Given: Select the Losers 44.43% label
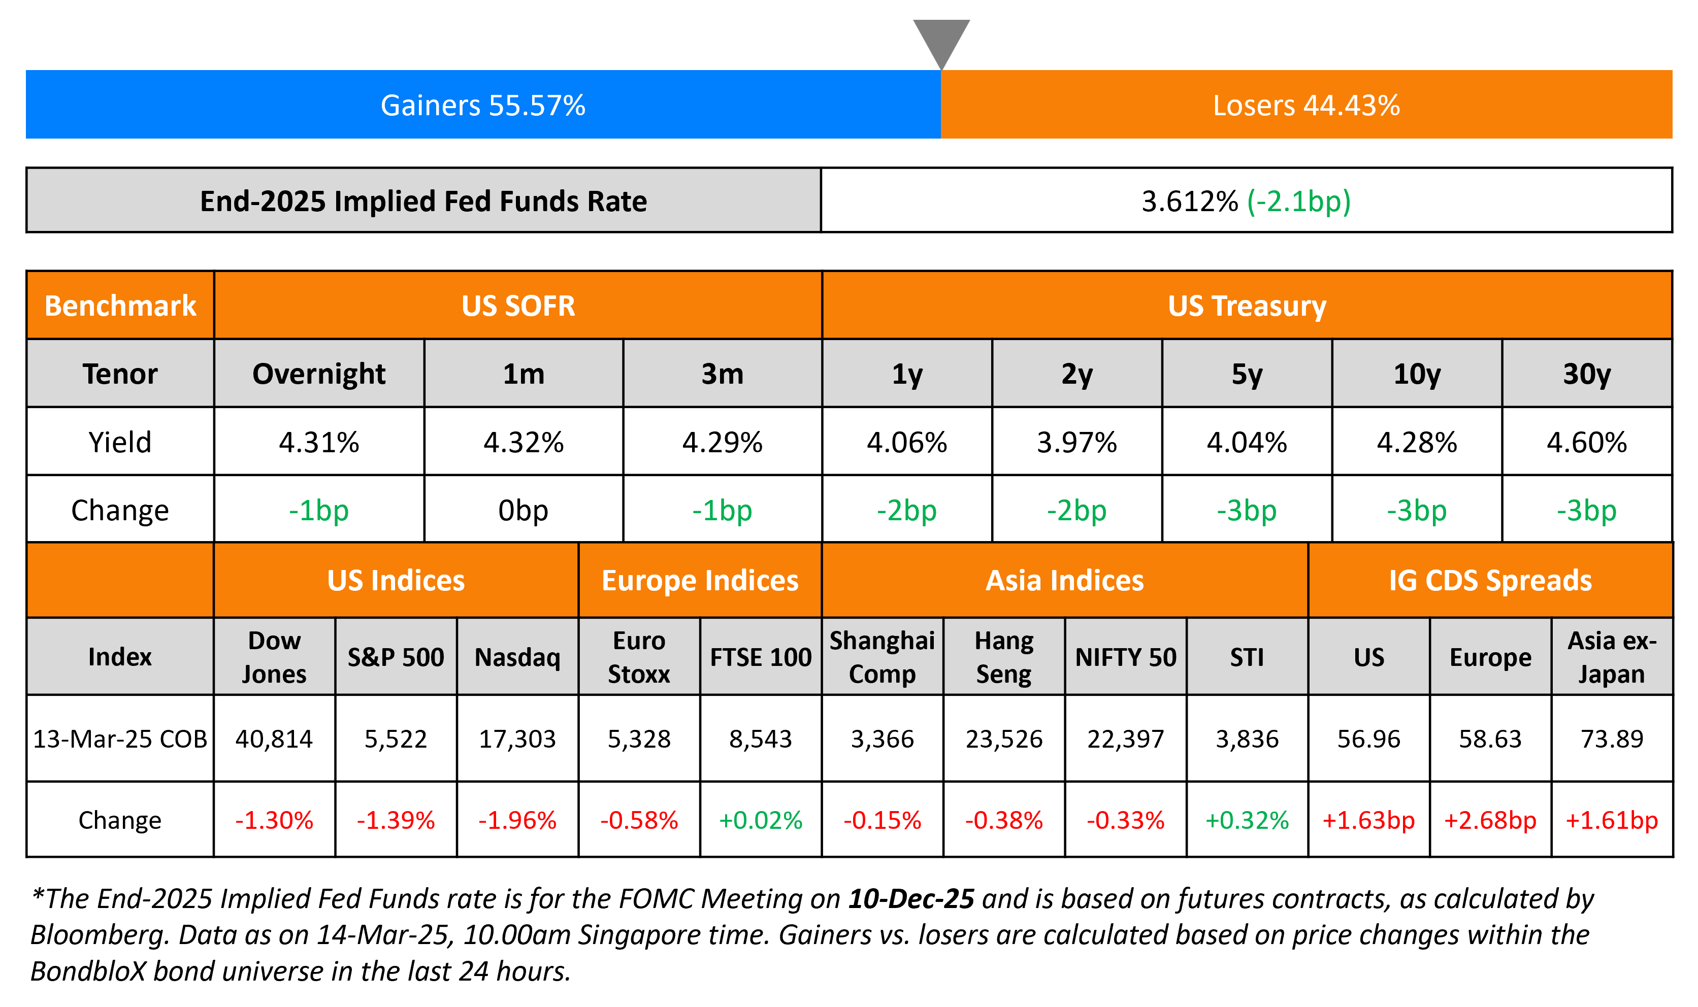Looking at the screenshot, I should coord(1305,105).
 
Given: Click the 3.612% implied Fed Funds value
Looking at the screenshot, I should coord(1189,202).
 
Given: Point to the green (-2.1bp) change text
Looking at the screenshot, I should coord(1298,202).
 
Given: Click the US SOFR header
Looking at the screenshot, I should coord(518,306).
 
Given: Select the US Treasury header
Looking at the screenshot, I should coord(1247,306).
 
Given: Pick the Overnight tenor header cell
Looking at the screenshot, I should coord(318,374).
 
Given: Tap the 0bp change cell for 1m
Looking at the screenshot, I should coord(523,510).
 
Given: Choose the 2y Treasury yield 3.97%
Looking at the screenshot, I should coord(1076,443).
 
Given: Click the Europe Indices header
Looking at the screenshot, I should coord(700,581).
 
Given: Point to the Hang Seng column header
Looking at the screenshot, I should coord(1004,657).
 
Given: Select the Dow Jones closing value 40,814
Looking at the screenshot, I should coord(274,739).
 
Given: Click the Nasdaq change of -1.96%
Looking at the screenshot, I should coord(517,820).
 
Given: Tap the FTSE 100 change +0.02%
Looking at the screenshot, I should coord(760,820).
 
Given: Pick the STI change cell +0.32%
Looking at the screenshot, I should coord(1247,820).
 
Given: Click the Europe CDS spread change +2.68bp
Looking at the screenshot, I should coord(1490,820).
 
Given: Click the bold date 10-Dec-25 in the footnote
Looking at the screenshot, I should coord(911,898).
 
